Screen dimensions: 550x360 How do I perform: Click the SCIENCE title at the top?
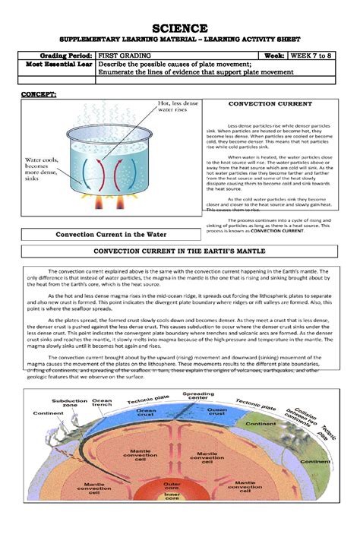point(180,28)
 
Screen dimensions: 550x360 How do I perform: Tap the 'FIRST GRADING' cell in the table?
point(125,56)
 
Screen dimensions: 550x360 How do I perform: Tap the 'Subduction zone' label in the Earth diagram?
point(65,403)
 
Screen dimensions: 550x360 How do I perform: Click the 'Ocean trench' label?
point(102,403)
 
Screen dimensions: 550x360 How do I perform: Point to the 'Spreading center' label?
point(197,396)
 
